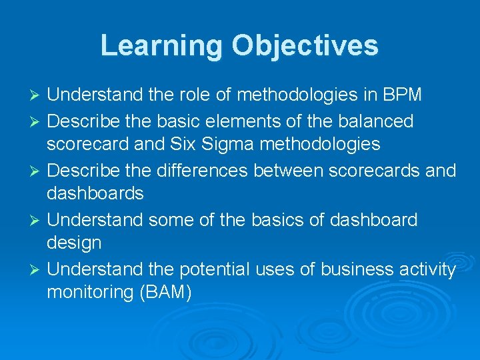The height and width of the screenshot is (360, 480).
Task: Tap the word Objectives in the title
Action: (305, 45)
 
